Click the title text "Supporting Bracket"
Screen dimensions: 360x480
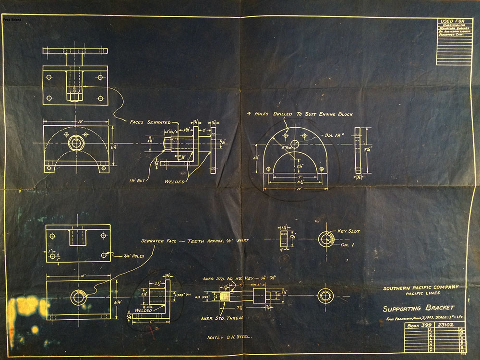tap(418, 308)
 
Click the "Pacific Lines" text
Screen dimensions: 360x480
tap(420, 294)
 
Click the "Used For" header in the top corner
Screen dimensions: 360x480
tap(453, 22)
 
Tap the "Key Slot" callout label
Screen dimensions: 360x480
tap(348, 231)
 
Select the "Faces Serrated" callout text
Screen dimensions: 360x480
tap(150, 122)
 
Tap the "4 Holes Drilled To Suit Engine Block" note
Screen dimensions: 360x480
tap(300, 114)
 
